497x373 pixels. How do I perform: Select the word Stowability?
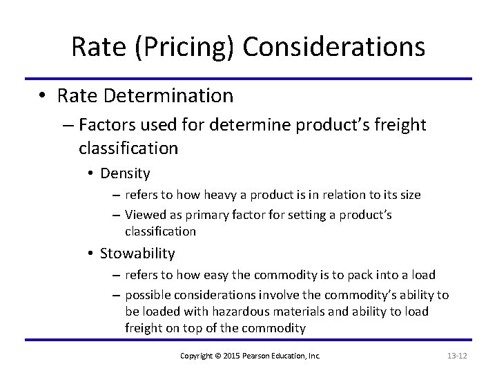coord(137,253)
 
